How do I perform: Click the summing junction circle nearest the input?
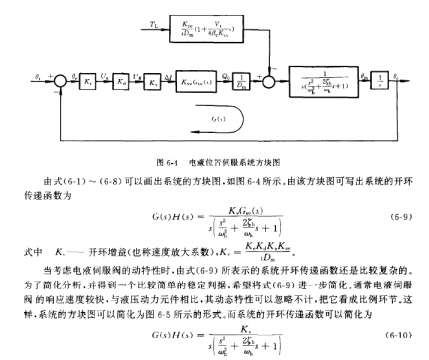click(x=59, y=74)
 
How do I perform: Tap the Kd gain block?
click(x=88, y=74)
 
